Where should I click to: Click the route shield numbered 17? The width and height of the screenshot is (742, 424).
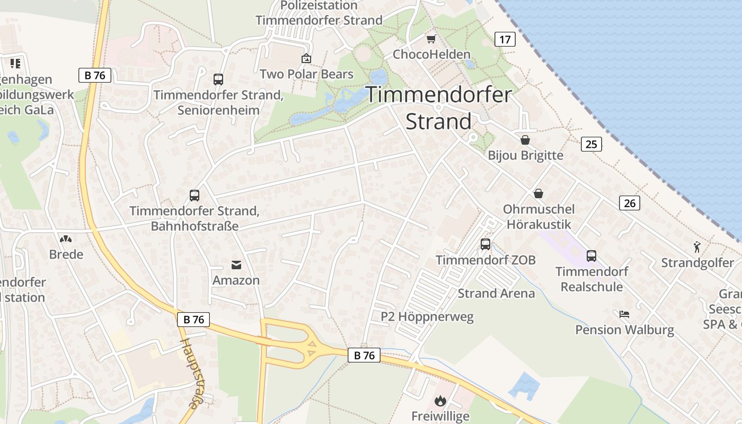(x=505, y=39)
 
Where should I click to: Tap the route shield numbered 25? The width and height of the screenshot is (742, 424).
(x=591, y=144)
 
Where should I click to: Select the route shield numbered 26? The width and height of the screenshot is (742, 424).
(x=629, y=203)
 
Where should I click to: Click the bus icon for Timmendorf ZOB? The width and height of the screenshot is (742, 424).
(x=485, y=244)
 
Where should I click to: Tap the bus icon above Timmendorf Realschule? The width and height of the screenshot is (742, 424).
(x=591, y=256)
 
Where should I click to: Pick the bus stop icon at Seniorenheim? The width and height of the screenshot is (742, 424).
(x=218, y=79)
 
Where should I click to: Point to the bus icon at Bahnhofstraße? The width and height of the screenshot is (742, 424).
(x=195, y=196)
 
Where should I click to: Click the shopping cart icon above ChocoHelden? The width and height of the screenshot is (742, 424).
(x=431, y=39)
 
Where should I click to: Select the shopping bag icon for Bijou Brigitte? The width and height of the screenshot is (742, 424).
(x=525, y=140)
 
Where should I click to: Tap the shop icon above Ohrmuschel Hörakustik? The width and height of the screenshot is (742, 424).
(x=538, y=193)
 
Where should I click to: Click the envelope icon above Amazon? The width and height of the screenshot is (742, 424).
(x=236, y=264)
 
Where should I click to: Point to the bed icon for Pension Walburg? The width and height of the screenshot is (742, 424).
(x=624, y=314)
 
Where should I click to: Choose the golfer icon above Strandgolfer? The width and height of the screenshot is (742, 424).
(x=697, y=246)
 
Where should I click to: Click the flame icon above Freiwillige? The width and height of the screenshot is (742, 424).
(x=440, y=401)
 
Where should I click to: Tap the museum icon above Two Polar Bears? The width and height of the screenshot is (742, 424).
(x=306, y=58)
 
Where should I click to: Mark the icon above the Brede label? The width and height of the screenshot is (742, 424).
(x=66, y=239)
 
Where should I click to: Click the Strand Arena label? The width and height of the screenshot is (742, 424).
(x=496, y=294)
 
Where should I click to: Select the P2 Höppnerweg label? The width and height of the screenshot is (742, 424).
(x=427, y=317)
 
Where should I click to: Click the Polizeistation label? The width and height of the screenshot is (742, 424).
(x=319, y=6)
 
